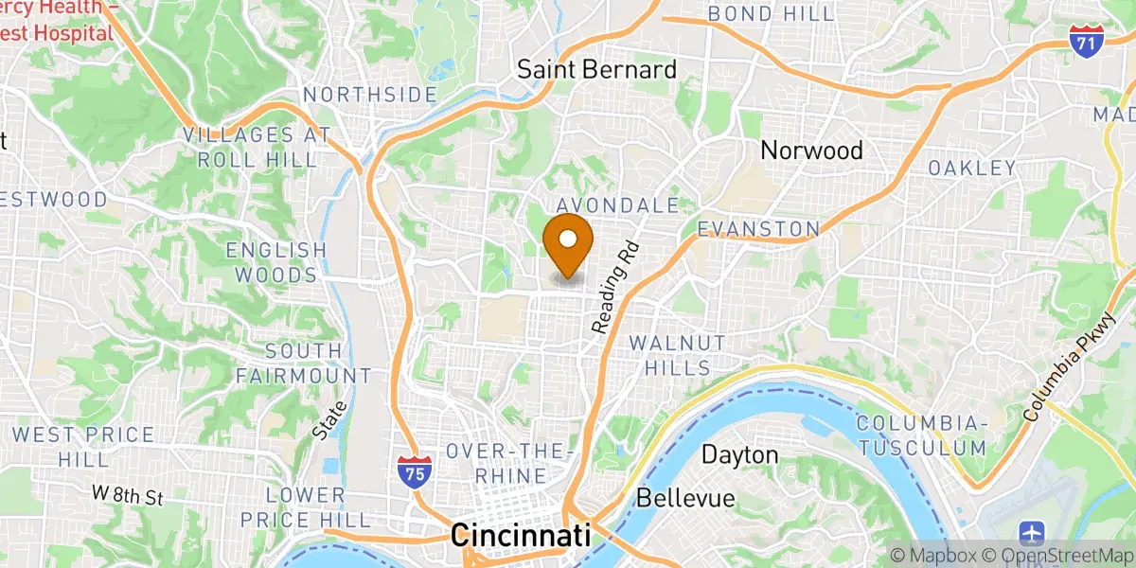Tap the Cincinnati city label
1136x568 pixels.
pos(522,535)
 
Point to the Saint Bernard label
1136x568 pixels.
pos(596,69)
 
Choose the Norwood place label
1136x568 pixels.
pos(812,150)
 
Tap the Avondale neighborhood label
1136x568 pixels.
pos(618,205)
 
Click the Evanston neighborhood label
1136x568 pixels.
pos(758,229)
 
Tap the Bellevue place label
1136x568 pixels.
pos(685,498)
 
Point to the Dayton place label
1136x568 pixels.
pos(739,455)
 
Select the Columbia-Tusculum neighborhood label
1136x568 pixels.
pos(922,435)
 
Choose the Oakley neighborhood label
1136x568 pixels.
pos(972,169)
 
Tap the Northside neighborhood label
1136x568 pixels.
pos(369,95)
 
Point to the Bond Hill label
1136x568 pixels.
pos(772,14)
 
